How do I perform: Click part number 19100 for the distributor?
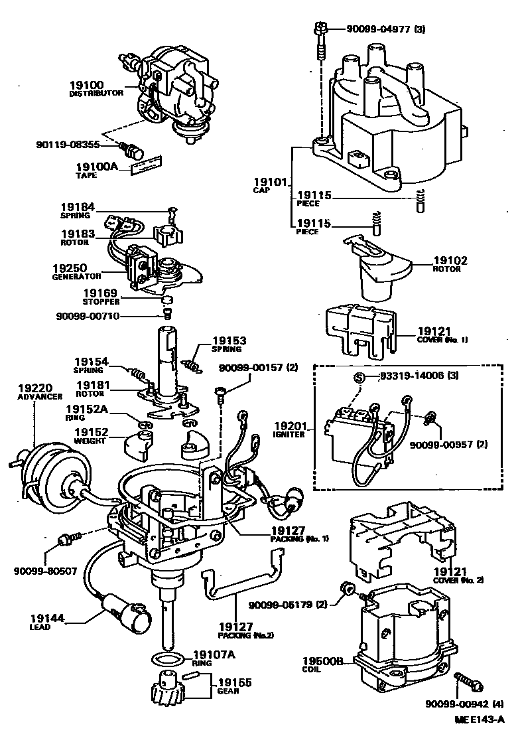tap(86, 85)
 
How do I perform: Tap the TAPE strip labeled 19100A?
tap(147, 165)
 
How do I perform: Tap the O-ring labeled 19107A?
tap(164, 660)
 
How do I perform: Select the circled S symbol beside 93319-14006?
tap(358, 377)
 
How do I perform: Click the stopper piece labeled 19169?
tap(168, 298)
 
